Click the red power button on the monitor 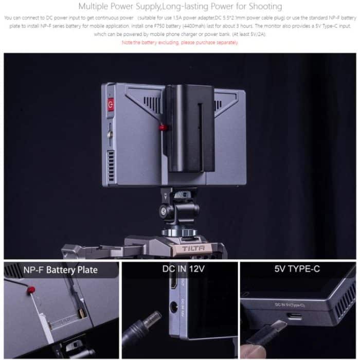(109, 105)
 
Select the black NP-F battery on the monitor (188, 129)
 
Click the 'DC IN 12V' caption (180, 268)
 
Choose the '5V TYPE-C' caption (297, 268)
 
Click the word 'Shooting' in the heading (262, 7)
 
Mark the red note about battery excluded (180, 43)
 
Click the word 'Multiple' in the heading (96, 7)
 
